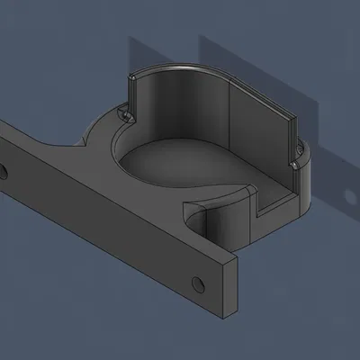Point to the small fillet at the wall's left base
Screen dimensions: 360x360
click(123, 114)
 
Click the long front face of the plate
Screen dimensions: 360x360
click(108, 234)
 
